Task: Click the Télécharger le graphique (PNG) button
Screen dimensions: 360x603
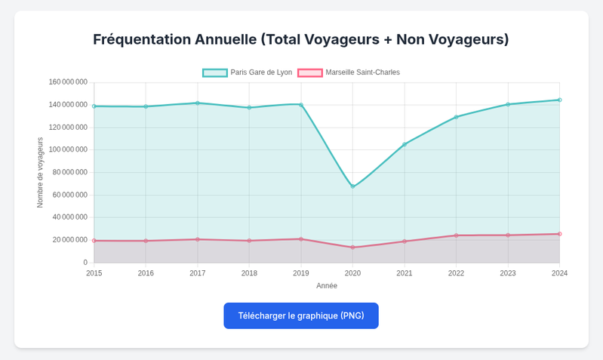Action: coord(300,315)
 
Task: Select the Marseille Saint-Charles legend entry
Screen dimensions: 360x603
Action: coord(349,72)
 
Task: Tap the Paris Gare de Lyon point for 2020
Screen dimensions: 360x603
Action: coord(352,186)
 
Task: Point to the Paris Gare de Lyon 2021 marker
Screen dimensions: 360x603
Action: coord(405,144)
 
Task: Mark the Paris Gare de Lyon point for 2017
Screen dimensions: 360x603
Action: coord(198,103)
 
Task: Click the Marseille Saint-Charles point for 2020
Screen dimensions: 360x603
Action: coord(352,248)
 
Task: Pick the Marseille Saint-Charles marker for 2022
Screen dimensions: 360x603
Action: coord(456,235)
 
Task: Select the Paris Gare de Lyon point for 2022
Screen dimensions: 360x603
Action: coord(456,117)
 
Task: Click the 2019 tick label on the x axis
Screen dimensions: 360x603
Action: coord(301,273)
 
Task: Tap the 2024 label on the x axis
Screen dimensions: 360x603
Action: coord(559,273)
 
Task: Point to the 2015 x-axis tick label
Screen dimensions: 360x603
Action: coord(94,273)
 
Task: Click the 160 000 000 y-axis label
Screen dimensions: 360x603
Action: coord(68,82)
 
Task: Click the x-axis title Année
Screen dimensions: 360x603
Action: coord(327,286)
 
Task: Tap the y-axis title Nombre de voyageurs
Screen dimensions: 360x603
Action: coord(40,172)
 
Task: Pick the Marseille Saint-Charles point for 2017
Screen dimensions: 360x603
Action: coord(198,239)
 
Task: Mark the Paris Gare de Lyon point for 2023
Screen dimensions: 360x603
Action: coord(508,104)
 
